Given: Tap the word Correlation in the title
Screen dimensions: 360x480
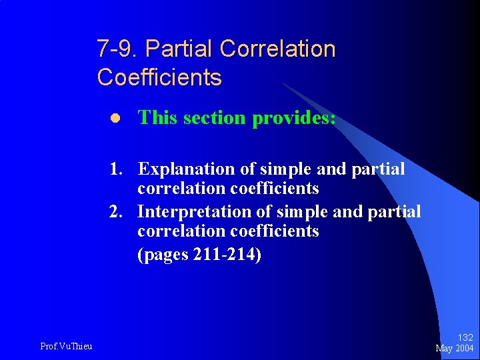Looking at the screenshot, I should click(277, 49).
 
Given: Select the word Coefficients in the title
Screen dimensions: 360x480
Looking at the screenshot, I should click(159, 77).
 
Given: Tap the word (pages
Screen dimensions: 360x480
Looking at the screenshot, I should click(163, 255).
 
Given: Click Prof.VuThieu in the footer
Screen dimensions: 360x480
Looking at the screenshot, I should click(66, 345).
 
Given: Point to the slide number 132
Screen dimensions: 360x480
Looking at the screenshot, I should click(465, 338).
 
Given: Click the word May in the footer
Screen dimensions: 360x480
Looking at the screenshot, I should click(445, 348).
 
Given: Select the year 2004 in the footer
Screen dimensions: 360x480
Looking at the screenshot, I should click(465, 348).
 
